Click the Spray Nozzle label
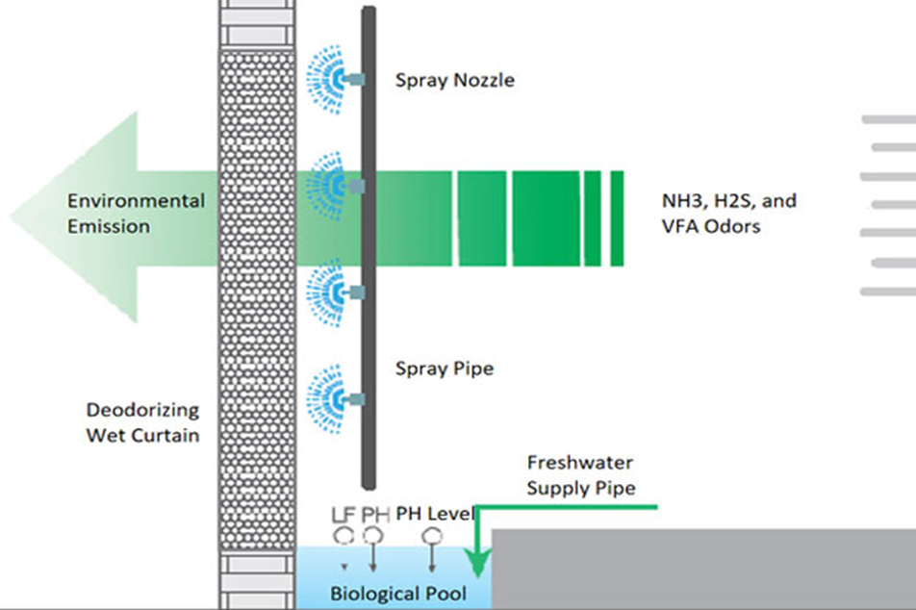pyautogui.click(x=454, y=80)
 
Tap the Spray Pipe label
pyautogui.click(x=444, y=369)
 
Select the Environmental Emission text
pyautogui.click(x=136, y=214)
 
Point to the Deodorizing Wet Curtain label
pyautogui.click(x=142, y=421)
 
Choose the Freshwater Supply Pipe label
pyautogui.click(x=581, y=475)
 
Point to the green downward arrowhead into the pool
pyautogui.click(x=474, y=561)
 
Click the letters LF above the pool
pyautogui.click(x=343, y=514)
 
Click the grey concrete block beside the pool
pyautogui.click(x=702, y=568)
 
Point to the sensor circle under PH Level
pyautogui.click(x=435, y=537)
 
